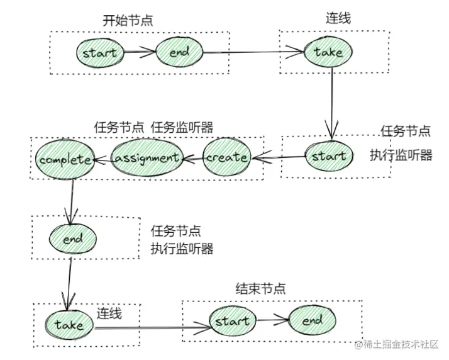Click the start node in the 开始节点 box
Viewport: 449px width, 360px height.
(100, 53)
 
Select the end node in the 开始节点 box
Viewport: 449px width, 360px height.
(179, 52)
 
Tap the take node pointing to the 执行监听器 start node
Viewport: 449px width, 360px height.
(328, 52)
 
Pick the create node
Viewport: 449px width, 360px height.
(226, 157)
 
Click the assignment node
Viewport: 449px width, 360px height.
(147, 157)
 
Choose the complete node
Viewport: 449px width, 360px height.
(65, 160)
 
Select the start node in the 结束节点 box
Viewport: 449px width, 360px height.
(233, 321)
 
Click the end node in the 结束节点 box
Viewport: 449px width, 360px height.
(312, 320)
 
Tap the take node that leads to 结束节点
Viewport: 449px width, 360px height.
(69, 325)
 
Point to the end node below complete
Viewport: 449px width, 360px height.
(73, 239)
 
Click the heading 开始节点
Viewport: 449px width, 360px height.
(128, 21)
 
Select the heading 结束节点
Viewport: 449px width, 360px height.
(260, 288)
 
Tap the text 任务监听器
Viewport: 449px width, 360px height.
(182, 127)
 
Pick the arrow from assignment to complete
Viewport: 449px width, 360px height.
(103, 160)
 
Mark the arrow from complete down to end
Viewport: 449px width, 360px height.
(71, 202)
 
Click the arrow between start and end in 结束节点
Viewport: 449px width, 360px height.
(273, 320)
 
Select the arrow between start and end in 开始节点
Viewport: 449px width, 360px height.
(140, 52)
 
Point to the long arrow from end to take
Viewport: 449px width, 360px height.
(253, 52)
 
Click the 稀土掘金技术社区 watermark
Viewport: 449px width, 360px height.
(397, 344)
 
